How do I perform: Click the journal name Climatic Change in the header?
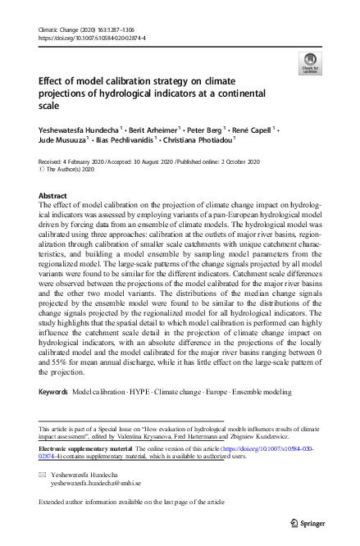(x=60, y=30)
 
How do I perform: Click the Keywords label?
(x=53, y=393)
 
